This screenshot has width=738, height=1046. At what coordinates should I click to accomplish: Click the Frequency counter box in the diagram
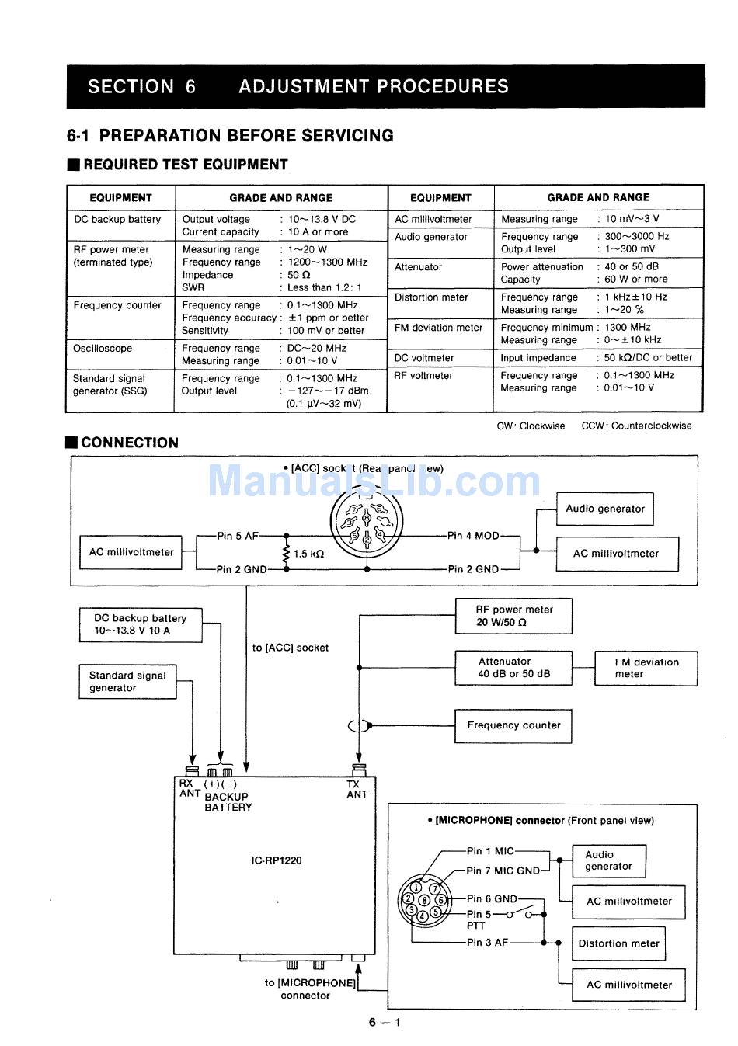coord(513,725)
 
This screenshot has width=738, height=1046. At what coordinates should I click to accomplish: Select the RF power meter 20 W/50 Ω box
coord(513,616)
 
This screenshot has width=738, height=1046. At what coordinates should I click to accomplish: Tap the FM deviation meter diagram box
coord(646,668)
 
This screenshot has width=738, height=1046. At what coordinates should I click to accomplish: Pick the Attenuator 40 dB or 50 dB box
coord(513,668)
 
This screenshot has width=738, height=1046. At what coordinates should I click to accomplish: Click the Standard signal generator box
coord(127,682)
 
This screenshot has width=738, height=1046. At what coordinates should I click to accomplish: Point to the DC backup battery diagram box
coord(141,624)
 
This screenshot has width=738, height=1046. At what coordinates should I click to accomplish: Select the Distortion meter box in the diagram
coord(618,943)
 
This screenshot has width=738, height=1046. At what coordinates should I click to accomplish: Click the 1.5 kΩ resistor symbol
coord(287,553)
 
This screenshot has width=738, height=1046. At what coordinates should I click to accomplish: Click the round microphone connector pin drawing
coord(424,900)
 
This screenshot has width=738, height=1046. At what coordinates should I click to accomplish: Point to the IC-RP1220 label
coord(277,860)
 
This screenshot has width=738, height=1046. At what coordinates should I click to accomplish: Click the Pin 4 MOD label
coord(473,536)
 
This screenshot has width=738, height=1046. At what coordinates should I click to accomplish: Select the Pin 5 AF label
coord(238,536)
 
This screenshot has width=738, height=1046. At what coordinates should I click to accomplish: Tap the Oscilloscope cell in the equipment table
coord(103,349)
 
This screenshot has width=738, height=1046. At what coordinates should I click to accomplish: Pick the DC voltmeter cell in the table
coord(423,358)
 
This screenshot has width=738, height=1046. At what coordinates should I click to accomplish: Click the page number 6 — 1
coord(385,1022)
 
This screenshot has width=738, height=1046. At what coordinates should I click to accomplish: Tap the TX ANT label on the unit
coord(357,789)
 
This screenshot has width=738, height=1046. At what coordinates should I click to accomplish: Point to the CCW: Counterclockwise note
coord(635,426)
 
